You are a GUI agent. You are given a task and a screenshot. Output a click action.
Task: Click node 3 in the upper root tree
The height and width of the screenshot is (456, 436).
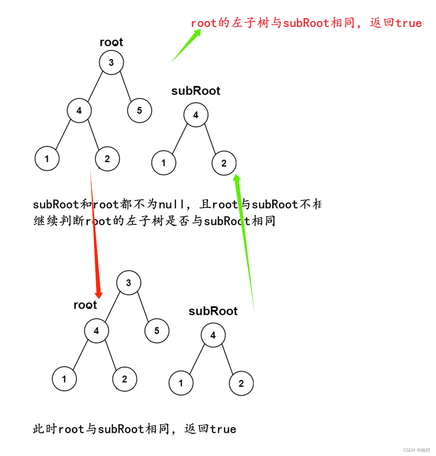111,62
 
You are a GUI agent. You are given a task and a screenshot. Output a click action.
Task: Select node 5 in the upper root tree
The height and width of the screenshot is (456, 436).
140,111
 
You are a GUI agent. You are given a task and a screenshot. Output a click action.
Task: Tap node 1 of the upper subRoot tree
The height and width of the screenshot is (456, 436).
163,163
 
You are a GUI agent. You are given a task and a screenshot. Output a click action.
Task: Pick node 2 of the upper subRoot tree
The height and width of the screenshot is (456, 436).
224,163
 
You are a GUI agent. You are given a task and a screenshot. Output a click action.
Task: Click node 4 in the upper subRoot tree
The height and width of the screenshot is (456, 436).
196,115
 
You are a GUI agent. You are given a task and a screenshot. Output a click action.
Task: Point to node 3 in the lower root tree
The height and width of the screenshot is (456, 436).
129,283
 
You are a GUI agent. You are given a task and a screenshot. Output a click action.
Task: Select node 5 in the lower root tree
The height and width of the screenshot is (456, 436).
157,331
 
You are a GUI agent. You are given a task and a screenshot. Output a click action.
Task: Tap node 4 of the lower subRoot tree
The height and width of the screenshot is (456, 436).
213,336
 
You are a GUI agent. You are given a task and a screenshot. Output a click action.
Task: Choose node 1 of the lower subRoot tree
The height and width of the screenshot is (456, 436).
181,383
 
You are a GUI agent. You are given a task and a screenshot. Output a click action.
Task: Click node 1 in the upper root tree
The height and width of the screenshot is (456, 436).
47,159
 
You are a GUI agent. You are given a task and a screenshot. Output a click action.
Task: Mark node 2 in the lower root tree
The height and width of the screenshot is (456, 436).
124,379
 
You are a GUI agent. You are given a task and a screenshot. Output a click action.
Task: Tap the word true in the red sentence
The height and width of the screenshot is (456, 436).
408,23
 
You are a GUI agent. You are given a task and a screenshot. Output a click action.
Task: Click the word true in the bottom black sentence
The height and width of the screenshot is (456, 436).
223,429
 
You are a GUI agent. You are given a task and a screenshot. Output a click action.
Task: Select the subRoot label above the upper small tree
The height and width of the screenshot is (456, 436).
196,91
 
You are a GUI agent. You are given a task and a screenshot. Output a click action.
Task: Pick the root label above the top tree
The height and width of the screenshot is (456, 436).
111,42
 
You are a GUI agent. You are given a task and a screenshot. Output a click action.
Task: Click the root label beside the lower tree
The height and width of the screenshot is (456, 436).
85,305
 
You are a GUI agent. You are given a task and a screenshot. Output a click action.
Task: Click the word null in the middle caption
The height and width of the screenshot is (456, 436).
171,204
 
